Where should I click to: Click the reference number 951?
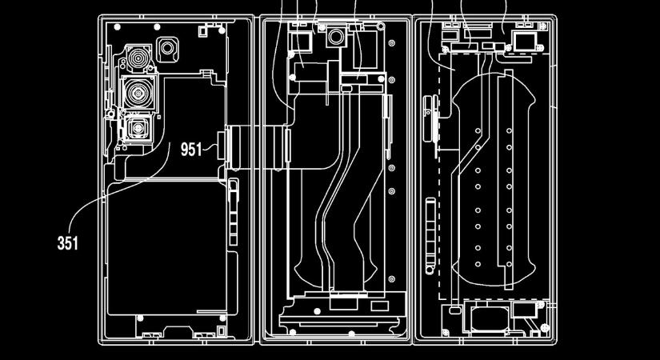point(191,150)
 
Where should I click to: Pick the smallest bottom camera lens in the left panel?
point(138,127)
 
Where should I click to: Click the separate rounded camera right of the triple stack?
point(170,49)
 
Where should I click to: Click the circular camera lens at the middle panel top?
point(334,37)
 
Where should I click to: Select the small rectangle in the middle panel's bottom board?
point(343,302)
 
